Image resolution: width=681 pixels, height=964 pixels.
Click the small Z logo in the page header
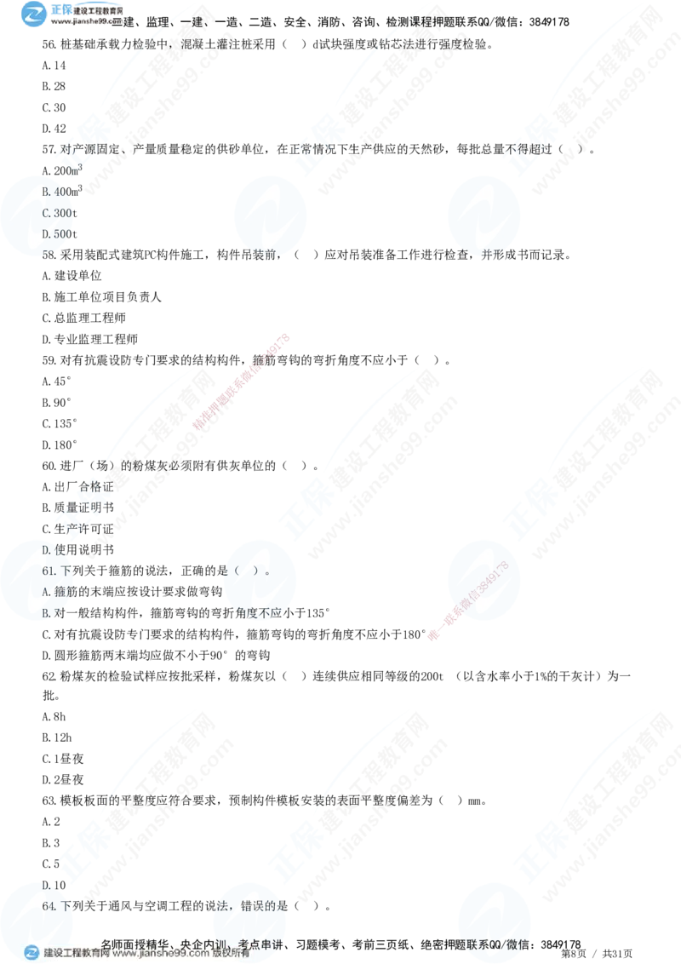coord(33,13)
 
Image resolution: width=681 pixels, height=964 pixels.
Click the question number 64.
coord(48,906)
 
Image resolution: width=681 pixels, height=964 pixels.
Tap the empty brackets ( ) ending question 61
coord(256,571)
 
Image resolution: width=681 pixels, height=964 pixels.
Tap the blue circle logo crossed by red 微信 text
coord(482,579)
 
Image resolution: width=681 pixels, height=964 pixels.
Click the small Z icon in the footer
coord(31,953)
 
